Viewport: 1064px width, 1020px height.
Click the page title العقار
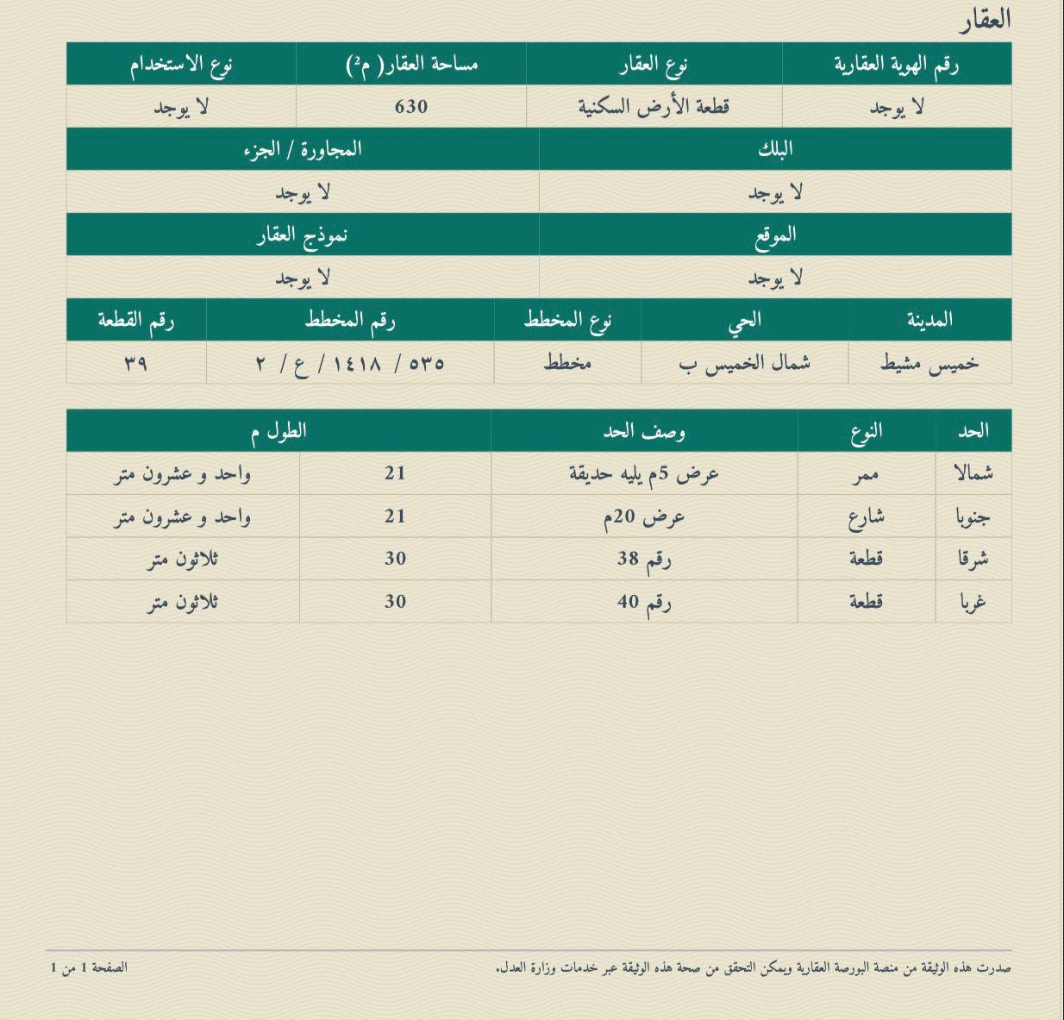985,19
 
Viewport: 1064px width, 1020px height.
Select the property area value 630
411,106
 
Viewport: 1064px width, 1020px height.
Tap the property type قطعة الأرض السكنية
654,106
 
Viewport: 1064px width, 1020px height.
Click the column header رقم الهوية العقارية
897,64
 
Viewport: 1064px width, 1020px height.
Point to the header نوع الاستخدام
181,64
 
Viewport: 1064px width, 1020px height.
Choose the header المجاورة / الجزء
303,149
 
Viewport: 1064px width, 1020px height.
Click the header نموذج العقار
303,235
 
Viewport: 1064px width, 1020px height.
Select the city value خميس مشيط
929,363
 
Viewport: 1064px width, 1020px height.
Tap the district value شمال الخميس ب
744,363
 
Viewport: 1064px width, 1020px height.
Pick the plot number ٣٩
135,363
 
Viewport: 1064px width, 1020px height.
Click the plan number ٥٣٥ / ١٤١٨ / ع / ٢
350,363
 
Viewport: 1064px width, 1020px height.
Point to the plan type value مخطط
567,363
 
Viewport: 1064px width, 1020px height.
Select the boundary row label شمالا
973,473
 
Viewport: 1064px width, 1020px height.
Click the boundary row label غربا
973,602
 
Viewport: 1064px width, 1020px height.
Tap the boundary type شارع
867,516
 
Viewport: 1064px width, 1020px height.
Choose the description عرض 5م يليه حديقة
644,473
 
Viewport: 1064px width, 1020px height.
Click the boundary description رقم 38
644,559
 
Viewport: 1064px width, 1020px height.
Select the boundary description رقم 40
644,602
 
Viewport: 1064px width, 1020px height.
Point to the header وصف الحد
644,431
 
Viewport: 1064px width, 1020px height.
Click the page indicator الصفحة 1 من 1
89,967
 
